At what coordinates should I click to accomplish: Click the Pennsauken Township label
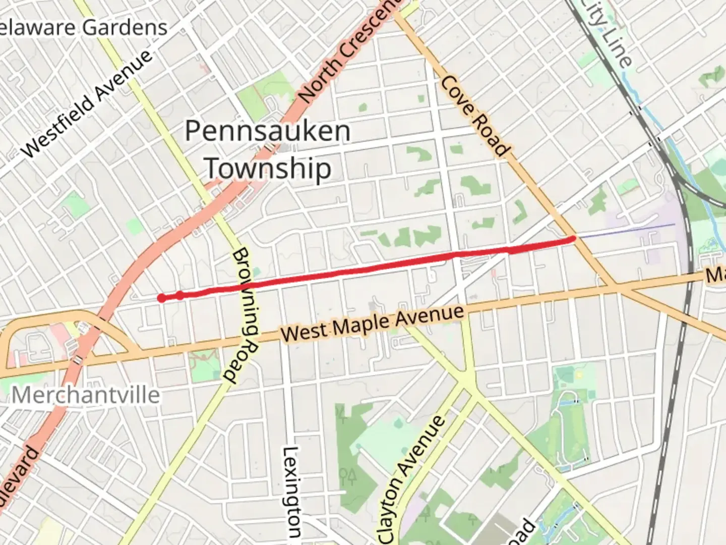pos(267,149)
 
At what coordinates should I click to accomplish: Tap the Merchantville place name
pos(86,395)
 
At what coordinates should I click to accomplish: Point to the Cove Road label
pos(474,117)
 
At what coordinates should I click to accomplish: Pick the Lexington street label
pos(292,492)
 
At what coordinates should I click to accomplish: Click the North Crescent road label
pos(348,50)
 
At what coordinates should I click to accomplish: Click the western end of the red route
pos(161,298)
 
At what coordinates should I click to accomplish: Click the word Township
pos(268,168)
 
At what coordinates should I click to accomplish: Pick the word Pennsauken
pos(267,131)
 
